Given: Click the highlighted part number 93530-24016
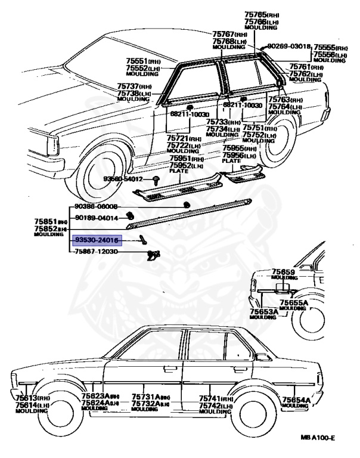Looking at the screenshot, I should click(97, 240).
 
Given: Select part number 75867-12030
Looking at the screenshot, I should click(97, 252).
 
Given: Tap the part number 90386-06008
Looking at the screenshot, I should click(97, 206).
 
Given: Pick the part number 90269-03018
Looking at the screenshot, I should click(289, 46).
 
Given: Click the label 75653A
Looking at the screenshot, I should click(263, 311).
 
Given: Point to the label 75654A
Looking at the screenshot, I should click(294, 400).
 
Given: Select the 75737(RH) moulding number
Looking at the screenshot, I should click(134, 87).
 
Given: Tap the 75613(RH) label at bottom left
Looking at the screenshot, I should click(27, 398).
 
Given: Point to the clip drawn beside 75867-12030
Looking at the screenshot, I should click(153, 255).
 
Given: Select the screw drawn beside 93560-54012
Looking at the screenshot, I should click(155, 179).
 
